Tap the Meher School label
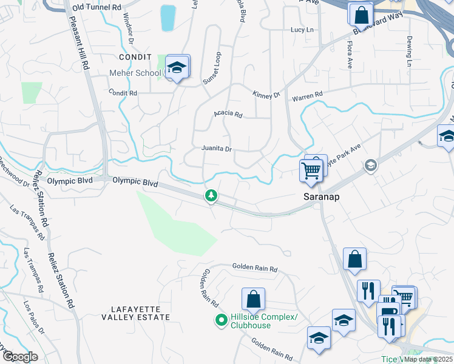point(135,73)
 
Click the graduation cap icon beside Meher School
point(177,67)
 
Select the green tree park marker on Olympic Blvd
point(211,195)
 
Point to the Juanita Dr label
point(217,149)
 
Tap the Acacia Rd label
point(228,114)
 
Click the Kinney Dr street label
point(266,94)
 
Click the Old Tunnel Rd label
point(97,7)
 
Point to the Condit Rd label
point(123,93)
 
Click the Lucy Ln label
point(302,30)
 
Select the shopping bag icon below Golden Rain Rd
point(253,299)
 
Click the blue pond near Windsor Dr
point(168,18)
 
